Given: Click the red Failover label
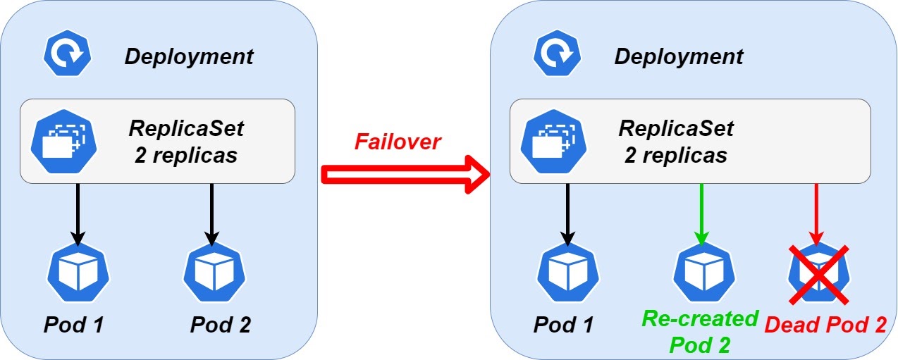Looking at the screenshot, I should [x=397, y=142].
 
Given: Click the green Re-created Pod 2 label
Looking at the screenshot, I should [x=700, y=331].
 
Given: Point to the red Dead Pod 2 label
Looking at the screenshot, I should [x=825, y=325].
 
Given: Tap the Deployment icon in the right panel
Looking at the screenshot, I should [x=558, y=56].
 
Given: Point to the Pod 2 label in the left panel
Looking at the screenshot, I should [x=220, y=325].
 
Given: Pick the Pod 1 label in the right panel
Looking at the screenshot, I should [x=563, y=325].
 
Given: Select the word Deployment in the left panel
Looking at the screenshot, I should [x=189, y=56].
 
